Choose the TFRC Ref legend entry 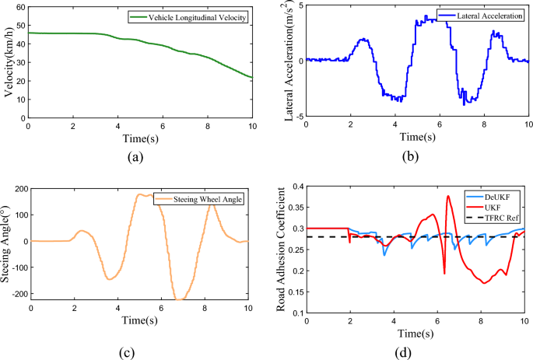pos(500,216)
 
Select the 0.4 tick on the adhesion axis pos(296,187)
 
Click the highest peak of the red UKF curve pos(448,196)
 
